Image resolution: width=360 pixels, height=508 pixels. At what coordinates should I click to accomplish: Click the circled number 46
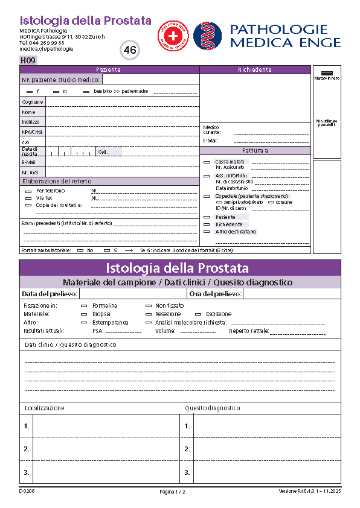pyautogui.click(x=130, y=50)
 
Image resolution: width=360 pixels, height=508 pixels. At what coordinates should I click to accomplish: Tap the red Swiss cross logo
pyautogui.click(x=173, y=36)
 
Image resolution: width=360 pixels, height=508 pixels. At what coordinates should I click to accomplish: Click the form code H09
pyautogui.click(x=28, y=60)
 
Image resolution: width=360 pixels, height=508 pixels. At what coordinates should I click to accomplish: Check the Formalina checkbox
pyautogui.click(x=84, y=306)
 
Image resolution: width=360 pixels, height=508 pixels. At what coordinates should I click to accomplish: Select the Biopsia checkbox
pyautogui.click(x=84, y=314)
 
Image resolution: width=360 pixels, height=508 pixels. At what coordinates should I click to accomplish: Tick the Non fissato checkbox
pyautogui.click(x=148, y=306)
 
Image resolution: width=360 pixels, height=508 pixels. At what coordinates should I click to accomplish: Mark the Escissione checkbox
pyautogui.click(x=198, y=314)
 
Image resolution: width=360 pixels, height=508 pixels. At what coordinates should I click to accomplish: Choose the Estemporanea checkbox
pyautogui.click(x=84, y=323)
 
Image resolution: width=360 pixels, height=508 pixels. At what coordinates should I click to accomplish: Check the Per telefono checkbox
pyautogui.click(x=28, y=191)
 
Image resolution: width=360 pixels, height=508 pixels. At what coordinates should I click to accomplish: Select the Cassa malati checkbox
pyautogui.click(x=207, y=162)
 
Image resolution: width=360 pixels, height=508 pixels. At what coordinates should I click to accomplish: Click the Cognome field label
pyautogui.click(x=33, y=102)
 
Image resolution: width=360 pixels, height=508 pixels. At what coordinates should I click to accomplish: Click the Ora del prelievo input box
pyautogui.click(x=291, y=294)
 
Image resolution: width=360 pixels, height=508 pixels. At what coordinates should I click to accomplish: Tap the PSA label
pyautogui.click(x=98, y=331)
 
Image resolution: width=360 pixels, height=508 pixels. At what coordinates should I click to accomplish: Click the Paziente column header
pyautogui.click(x=109, y=70)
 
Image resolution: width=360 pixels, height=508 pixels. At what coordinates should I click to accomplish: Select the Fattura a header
pyautogui.click(x=255, y=151)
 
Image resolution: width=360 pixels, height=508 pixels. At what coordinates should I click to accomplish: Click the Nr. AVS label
pyautogui.click(x=30, y=172)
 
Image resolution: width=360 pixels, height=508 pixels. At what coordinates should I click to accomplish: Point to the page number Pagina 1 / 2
pyautogui.click(x=173, y=492)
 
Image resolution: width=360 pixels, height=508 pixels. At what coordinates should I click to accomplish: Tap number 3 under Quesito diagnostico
pyautogui.click(x=187, y=472)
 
